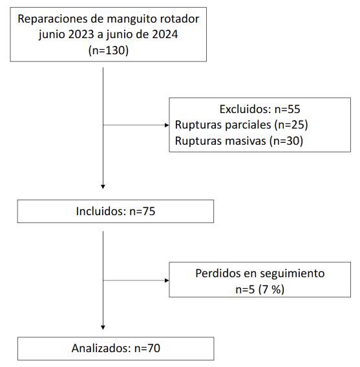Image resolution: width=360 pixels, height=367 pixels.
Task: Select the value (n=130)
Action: coord(109,50)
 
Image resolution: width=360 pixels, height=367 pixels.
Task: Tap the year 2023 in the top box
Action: coord(81,34)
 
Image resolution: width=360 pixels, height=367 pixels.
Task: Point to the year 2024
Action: coord(165,34)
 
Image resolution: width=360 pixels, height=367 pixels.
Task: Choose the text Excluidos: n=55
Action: coord(260,109)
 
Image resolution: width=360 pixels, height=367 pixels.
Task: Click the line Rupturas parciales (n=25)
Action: coord(241,125)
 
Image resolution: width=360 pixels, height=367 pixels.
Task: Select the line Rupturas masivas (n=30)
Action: coord(239,141)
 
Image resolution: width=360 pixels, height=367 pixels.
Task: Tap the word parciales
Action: coord(248,125)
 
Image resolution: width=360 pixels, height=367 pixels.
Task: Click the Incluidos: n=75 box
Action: coord(116,211)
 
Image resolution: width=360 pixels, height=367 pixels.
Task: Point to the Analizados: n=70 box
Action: coord(116,348)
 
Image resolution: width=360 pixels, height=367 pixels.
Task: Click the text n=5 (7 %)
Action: coord(260,289)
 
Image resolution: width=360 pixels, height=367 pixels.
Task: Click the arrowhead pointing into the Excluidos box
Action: coord(167,125)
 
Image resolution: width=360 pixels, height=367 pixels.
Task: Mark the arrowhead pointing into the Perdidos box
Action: coord(167,280)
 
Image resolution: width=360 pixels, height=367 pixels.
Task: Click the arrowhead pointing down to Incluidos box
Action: coord(103,187)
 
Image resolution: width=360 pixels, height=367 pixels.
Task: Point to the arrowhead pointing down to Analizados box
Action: coord(103,328)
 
